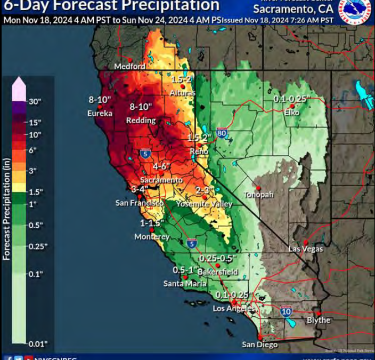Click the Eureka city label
100,113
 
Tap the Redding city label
141,121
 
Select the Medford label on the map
130,67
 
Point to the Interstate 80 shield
222,132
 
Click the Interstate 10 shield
286,310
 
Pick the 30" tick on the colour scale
35,101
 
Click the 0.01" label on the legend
37,343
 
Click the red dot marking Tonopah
258,188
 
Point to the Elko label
292,113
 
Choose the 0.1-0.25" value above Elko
291,99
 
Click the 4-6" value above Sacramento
162,166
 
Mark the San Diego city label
259,345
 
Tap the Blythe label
319,321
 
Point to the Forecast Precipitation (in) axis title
6,209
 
